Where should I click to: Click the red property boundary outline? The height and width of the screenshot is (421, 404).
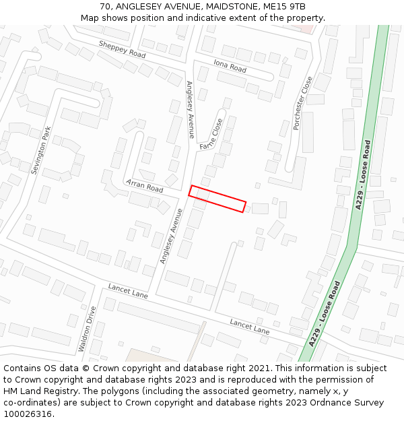click(217, 199)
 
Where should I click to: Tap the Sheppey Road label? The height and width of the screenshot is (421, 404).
click(122, 48)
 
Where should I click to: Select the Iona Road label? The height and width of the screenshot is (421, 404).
click(230, 65)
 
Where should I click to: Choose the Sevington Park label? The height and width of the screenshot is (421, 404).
click(41, 150)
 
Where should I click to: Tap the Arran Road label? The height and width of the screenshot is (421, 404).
click(144, 185)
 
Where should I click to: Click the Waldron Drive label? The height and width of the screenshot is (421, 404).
click(87, 329)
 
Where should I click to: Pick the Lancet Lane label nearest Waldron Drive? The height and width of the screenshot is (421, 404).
click(128, 291)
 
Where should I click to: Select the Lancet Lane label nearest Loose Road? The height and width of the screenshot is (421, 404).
click(249, 327)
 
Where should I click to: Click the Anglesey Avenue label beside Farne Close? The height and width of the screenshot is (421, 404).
click(190, 109)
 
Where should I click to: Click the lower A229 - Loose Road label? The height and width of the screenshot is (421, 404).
click(325, 314)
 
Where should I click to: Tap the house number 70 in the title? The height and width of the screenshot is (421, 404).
click(105, 7)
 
